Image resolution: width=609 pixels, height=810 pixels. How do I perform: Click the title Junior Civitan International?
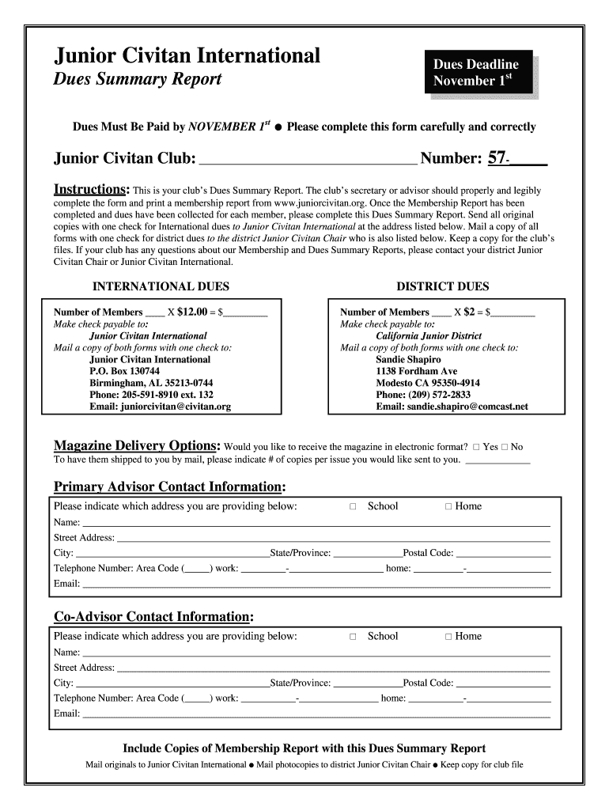[187, 55]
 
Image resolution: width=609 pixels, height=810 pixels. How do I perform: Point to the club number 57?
[497, 158]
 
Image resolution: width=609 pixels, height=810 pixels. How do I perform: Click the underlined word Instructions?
[91, 190]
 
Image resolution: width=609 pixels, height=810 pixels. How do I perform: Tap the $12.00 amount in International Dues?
[191, 312]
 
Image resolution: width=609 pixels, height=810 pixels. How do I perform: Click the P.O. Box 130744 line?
[124, 371]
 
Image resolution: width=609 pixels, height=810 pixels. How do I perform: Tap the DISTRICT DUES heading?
[442, 286]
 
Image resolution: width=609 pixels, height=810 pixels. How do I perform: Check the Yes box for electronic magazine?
[477, 447]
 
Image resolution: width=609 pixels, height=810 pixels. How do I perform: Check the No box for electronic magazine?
[505, 447]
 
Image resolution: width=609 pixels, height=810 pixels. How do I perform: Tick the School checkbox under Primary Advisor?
[354, 506]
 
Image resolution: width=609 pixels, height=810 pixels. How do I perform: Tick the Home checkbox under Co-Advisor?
[448, 637]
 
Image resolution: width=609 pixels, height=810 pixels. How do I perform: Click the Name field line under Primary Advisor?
[316, 523]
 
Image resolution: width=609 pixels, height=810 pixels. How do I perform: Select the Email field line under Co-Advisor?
[316, 714]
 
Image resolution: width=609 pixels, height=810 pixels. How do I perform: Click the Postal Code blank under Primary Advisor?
[503, 553]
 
